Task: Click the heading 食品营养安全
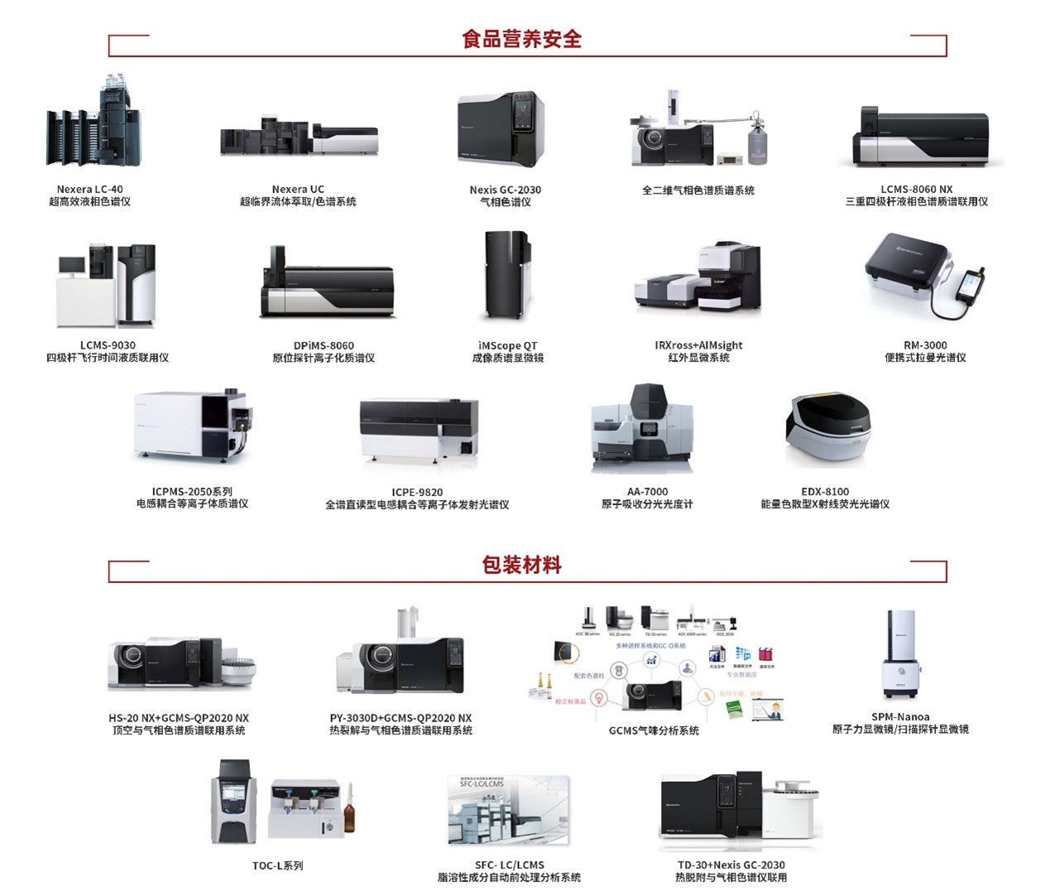pyautogui.click(x=521, y=39)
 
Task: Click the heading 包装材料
pyautogui.click(x=521, y=566)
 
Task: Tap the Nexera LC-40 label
pyautogui.click(x=89, y=190)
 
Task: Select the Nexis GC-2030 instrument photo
pyautogui.click(x=501, y=128)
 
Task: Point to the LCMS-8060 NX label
pyautogui.click(x=916, y=190)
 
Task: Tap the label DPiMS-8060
pyautogui.click(x=324, y=345)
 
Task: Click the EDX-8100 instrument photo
pyautogui.click(x=827, y=431)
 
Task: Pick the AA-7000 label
pyautogui.click(x=647, y=492)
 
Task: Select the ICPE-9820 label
pyautogui.click(x=417, y=492)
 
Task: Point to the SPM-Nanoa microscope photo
pyautogui.click(x=900, y=654)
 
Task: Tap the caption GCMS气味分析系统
pyautogui.click(x=654, y=730)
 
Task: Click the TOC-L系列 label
pyautogui.click(x=277, y=865)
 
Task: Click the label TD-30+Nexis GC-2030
pyautogui.click(x=731, y=865)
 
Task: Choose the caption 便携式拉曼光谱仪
pyautogui.click(x=925, y=358)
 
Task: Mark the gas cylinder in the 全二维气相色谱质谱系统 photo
pyautogui.click(x=756, y=141)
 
